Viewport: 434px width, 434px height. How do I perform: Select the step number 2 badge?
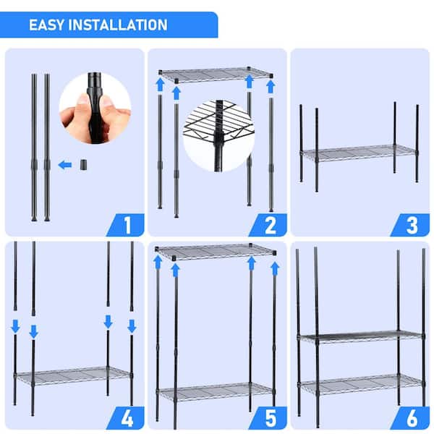271,225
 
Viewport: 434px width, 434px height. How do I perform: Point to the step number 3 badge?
412,225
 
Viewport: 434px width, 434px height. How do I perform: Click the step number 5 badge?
271,417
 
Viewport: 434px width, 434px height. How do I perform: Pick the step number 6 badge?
412,417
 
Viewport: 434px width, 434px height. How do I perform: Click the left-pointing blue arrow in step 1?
65,165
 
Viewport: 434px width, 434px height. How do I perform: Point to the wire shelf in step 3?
359,153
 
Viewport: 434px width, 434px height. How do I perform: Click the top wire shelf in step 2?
216,74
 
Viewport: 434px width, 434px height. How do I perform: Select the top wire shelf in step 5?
216,252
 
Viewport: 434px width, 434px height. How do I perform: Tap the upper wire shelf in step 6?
360,336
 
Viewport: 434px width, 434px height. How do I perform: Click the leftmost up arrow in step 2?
161,85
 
